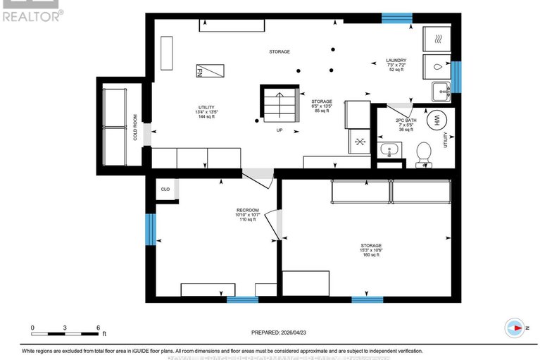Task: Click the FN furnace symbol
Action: tap(209, 71)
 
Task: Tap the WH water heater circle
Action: tap(436, 120)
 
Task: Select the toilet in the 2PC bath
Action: tap(424, 153)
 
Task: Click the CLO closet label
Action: tap(165, 189)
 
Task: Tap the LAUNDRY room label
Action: tap(396, 60)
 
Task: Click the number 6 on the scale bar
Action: tap(98, 328)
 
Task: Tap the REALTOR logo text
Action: tap(32, 14)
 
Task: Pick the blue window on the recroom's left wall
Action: tap(149, 230)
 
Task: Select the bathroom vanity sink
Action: tap(389, 150)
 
